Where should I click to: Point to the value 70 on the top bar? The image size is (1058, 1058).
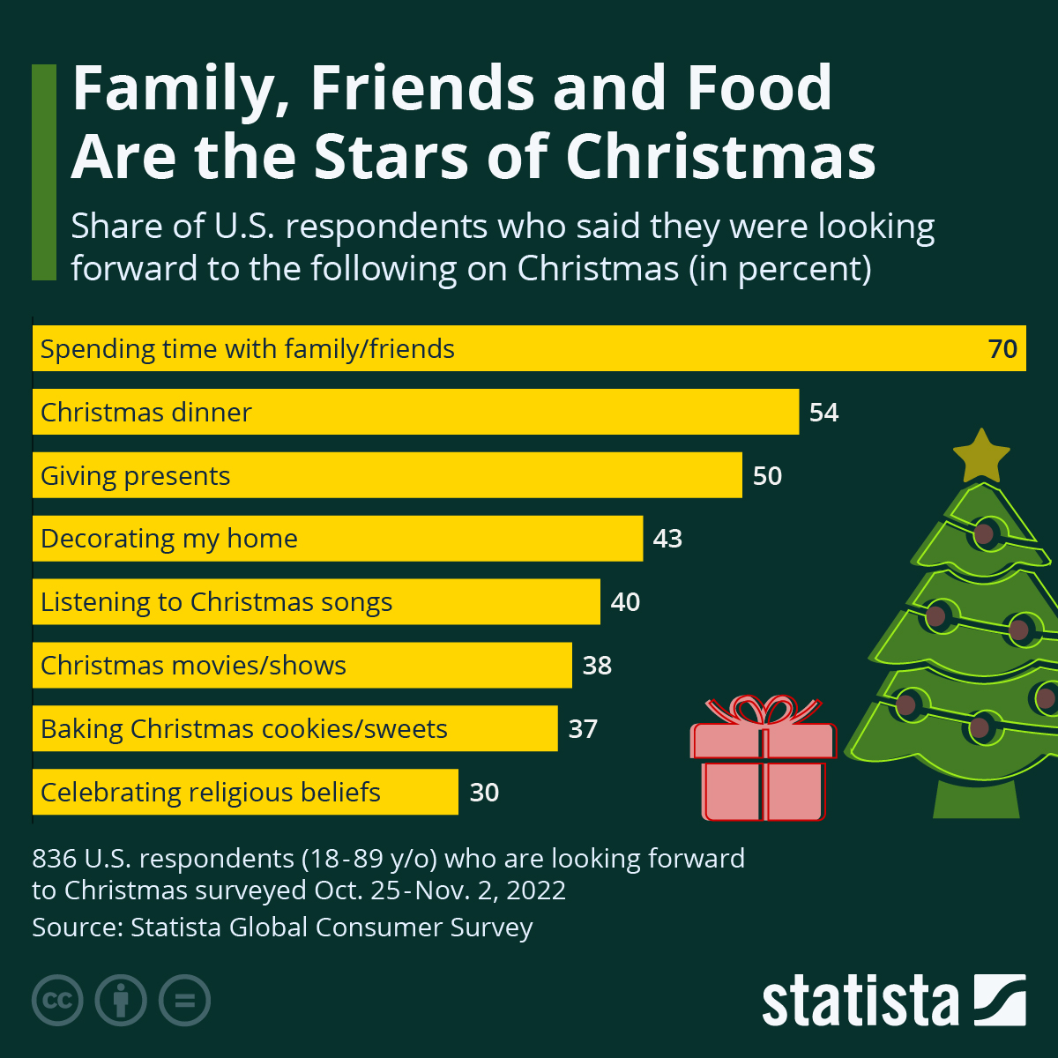[1002, 349]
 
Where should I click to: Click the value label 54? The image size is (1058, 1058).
[823, 413]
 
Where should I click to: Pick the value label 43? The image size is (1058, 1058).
[667, 539]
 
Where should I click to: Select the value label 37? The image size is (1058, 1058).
[583, 729]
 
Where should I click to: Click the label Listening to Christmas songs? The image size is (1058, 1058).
[216, 602]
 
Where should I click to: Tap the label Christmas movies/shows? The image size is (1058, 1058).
[193, 666]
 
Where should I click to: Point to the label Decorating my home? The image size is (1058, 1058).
[169, 539]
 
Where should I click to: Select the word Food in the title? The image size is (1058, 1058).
[759, 88]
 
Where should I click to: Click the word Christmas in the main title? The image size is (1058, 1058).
[720, 157]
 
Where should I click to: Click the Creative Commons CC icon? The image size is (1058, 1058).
[57, 1001]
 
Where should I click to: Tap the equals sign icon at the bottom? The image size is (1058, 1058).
[184, 1001]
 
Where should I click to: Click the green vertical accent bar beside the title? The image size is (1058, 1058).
[43, 172]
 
